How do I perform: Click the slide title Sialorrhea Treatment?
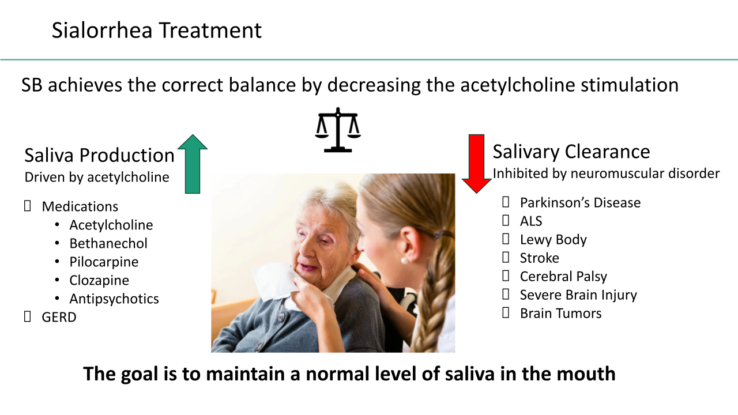(x=156, y=31)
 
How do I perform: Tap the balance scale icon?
(x=338, y=130)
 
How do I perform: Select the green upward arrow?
(x=193, y=164)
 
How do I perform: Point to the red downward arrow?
(x=476, y=164)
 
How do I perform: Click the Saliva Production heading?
(x=99, y=155)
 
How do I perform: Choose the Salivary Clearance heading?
(x=571, y=152)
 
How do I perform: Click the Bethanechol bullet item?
(x=108, y=243)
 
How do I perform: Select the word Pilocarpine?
(x=104, y=262)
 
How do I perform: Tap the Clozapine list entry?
(x=99, y=281)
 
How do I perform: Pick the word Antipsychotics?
(x=114, y=299)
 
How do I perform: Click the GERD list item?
(x=59, y=317)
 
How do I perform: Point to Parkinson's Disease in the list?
(x=580, y=203)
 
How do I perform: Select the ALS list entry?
(x=531, y=221)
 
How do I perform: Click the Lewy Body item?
(x=553, y=240)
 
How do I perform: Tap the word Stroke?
(x=539, y=258)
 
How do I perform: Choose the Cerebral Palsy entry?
(x=563, y=277)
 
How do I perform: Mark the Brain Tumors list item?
(x=561, y=314)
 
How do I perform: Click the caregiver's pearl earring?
(x=403, y=261)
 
